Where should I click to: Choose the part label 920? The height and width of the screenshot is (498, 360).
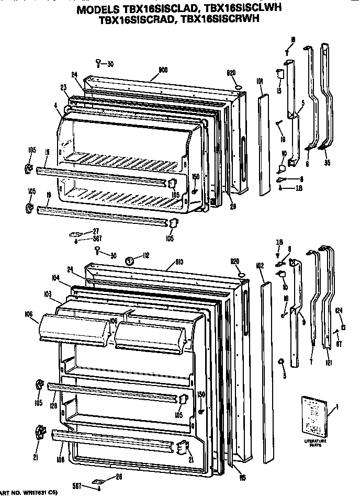(235, 260)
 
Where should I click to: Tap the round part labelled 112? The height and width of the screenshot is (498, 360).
(131, 260)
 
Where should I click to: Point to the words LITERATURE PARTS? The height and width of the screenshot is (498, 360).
(314, 444)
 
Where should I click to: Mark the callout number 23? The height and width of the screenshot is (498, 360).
(64, 88)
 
